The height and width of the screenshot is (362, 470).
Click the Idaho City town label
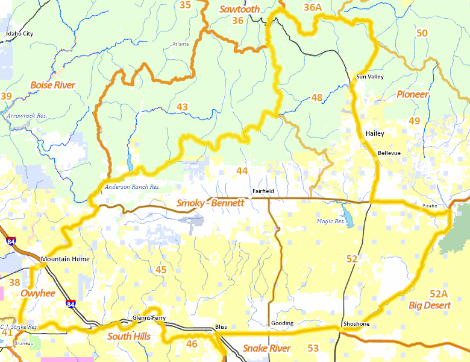pos(19,34)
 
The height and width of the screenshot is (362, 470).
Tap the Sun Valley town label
pos(369,77)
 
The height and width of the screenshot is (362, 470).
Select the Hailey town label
pos(374,133)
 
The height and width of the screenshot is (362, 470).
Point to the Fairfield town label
pos(263,191)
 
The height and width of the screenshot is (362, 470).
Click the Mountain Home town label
pos(65,259)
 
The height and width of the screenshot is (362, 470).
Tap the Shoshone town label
pos(356,324)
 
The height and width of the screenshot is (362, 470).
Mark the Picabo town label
pos(429,206)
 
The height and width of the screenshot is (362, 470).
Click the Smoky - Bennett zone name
pos(210,203)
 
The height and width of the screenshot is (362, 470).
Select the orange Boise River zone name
pos(52,85)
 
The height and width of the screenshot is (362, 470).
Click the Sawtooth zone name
pos(239,9)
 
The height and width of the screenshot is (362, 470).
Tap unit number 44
pos(242,171)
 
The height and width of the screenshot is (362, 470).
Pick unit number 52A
pos(439,294)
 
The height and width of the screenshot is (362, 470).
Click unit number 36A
pos(313,7)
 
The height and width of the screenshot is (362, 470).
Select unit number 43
pos(183,107)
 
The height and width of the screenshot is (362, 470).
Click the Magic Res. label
pos(330,221)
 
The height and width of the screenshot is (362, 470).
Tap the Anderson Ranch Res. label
pos(132,187)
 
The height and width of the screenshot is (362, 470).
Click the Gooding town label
pos(281,323)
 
